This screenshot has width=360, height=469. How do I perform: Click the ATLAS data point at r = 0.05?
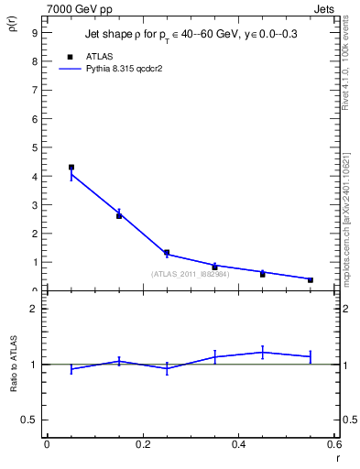tap(71, 168)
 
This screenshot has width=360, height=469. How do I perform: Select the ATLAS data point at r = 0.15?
tap(119, 216)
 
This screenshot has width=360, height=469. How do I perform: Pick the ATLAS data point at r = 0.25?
tap(167, 253)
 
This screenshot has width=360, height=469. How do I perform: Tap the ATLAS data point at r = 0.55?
tap(311, 279)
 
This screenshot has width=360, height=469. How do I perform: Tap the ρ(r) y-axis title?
tap(12, 23)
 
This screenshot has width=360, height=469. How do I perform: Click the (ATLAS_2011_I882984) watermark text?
tap(190, 273)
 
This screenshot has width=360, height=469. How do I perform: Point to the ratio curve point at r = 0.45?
tap(263, 352)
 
